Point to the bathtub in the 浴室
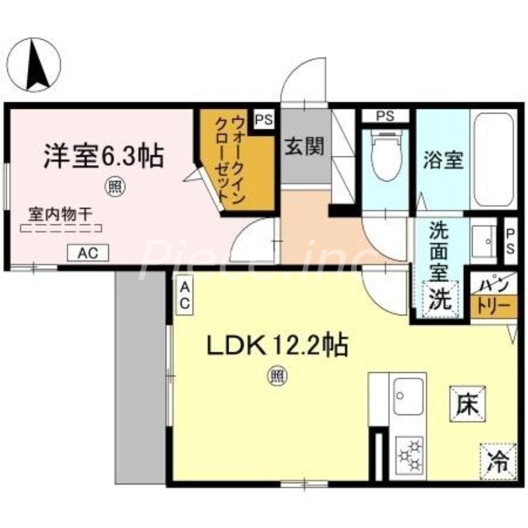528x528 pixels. coord(494,160)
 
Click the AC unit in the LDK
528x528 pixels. coord(185,295)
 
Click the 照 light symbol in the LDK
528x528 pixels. coord(276,377)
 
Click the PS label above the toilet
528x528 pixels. coord(385,116)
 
